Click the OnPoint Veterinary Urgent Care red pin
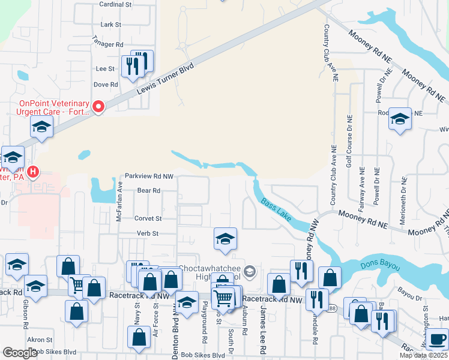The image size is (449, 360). [97, 107]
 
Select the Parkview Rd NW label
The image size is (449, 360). [149, 176]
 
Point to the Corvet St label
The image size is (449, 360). [148, 219]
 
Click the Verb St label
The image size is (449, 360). [147, 233]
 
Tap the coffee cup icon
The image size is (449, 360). [436, 340]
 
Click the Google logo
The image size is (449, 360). [20, 353]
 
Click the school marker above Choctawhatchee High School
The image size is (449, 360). [225, 239]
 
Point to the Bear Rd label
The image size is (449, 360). [148, 191]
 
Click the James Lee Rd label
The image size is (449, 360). [263, 323]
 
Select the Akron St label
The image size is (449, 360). [40, 340]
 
